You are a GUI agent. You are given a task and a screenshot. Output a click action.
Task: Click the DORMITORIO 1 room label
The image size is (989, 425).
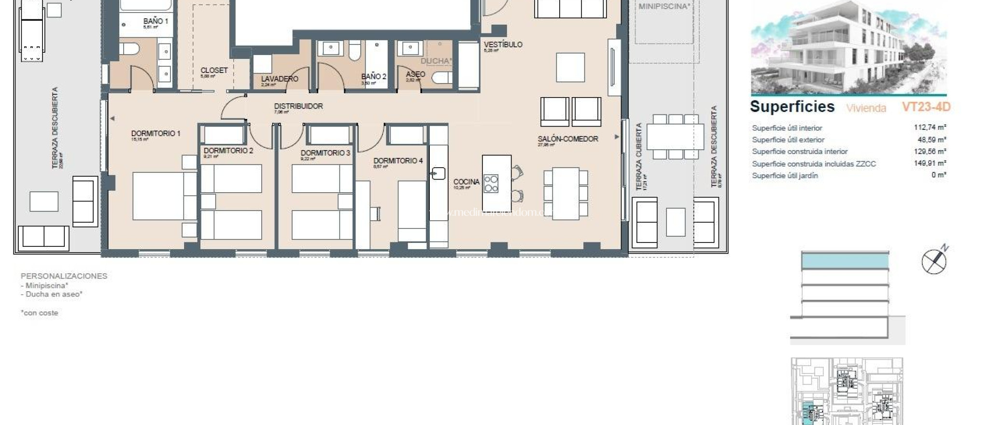point(155,133)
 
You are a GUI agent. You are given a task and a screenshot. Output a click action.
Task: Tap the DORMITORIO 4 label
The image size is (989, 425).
point(398,160)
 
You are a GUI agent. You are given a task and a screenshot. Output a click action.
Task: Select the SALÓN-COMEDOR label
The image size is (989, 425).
point(568,139)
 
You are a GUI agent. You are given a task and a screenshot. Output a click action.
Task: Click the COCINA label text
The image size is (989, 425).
point(466,182)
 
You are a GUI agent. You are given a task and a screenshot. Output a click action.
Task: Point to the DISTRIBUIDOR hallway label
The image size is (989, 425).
point(298,106)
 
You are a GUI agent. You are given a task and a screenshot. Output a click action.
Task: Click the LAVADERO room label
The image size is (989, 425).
point(280,79)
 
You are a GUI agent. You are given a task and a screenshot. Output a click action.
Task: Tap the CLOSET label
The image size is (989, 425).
point(214,71)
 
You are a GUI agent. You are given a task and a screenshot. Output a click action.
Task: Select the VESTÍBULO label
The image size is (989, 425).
point(503,44)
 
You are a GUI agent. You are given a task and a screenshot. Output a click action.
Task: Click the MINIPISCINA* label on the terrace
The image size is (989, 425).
point(664,7)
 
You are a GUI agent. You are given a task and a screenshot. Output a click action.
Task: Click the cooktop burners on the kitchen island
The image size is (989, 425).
point(491,184)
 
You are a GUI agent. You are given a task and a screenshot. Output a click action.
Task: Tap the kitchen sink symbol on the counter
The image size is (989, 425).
point(438,173)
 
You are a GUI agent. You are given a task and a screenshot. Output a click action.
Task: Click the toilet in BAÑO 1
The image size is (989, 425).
point(129,49)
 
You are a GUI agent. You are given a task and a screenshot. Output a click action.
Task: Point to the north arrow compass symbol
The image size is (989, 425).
point(934,262)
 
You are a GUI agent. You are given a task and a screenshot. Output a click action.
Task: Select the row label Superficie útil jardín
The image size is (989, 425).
point(785,176)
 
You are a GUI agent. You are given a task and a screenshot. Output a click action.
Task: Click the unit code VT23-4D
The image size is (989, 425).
point(926,107)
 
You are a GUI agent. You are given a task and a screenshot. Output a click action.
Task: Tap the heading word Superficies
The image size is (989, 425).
point(792,107)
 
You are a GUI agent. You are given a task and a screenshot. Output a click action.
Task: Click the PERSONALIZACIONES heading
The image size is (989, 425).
point(64,276)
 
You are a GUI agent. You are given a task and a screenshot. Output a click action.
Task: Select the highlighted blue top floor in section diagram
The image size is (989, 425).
point(845,261)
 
